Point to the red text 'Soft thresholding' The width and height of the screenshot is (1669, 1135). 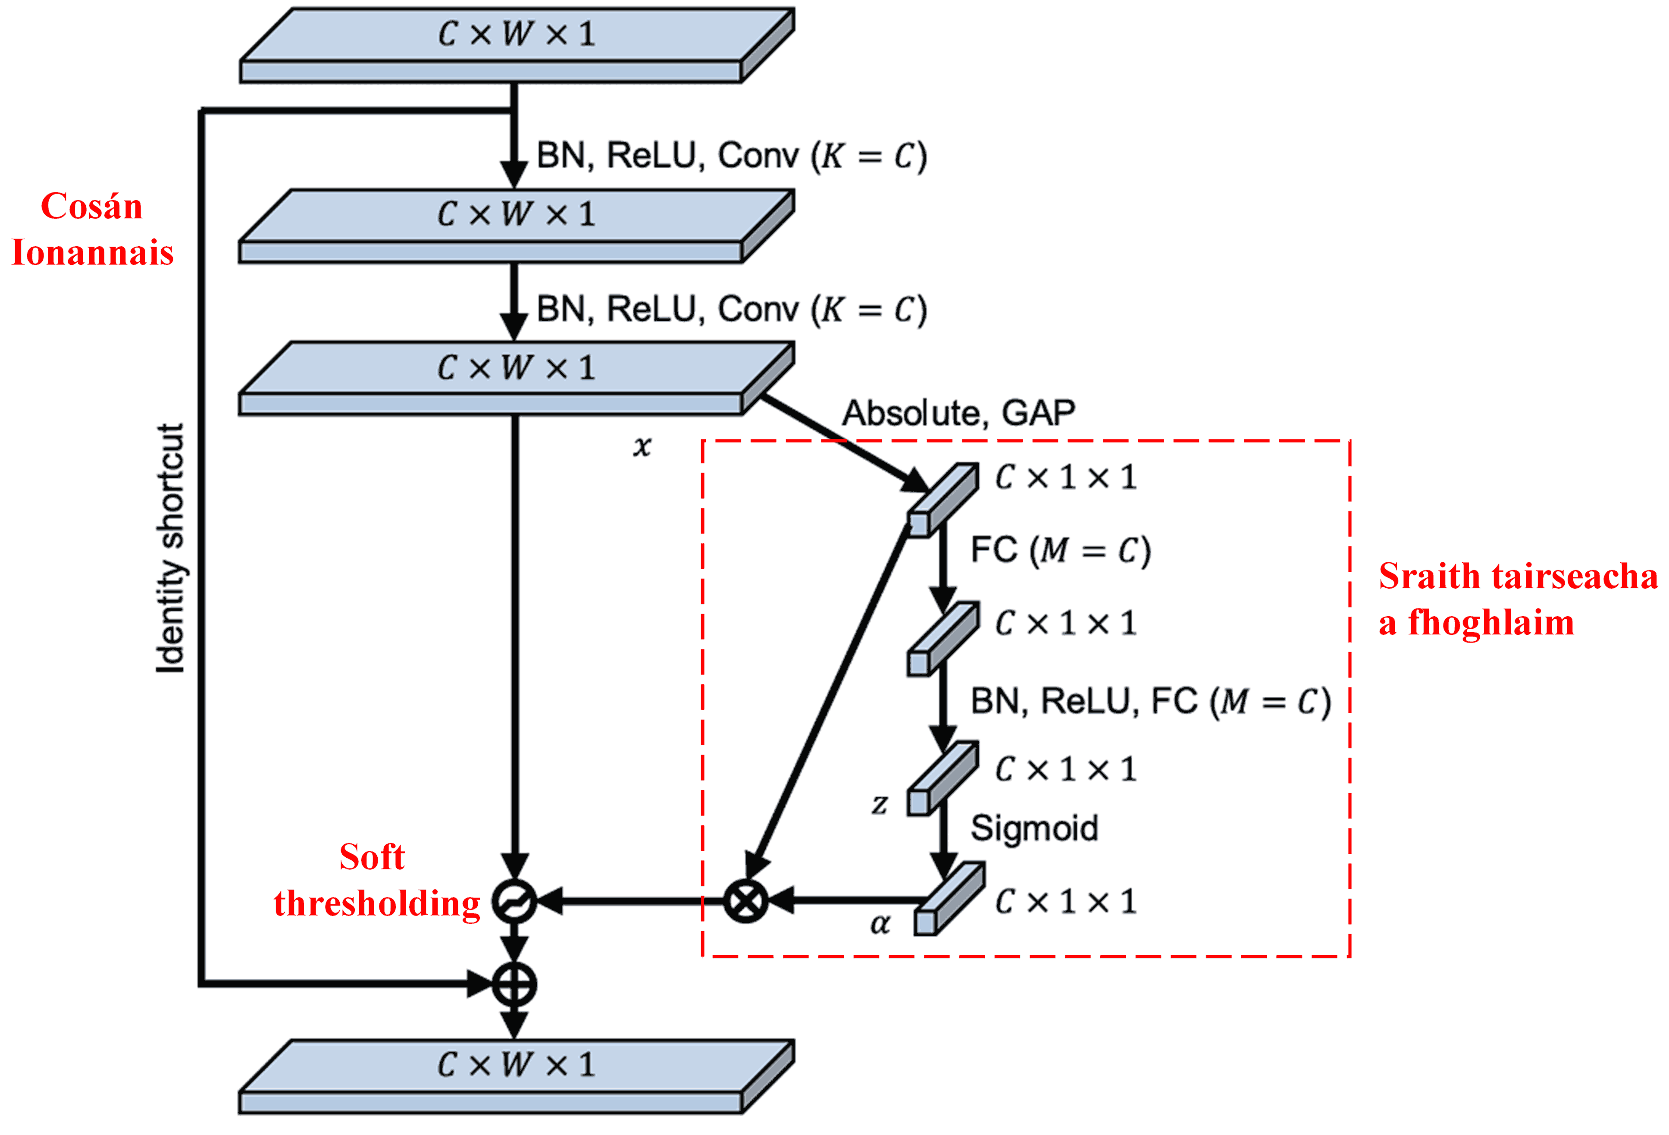coord(376,880)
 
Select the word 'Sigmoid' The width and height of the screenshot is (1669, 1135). coord(1034,828)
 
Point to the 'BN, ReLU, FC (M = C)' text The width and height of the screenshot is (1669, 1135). coord(1150,702)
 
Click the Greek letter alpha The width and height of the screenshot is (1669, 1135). coord(880,925)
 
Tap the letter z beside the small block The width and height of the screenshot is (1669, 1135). coord(880,805)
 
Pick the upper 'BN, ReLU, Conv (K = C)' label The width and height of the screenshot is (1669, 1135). coord(732,156)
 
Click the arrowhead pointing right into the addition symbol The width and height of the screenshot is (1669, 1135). coord(480,984)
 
